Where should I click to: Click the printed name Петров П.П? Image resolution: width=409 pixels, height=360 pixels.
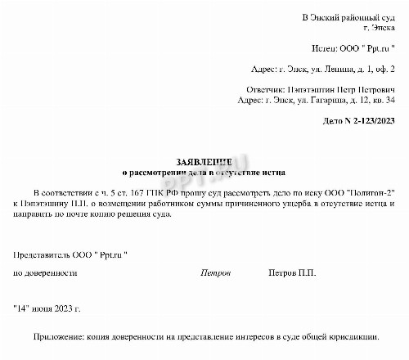click(x=292, y=272)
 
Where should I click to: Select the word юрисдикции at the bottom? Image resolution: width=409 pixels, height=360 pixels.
click(x=353, y=336)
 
